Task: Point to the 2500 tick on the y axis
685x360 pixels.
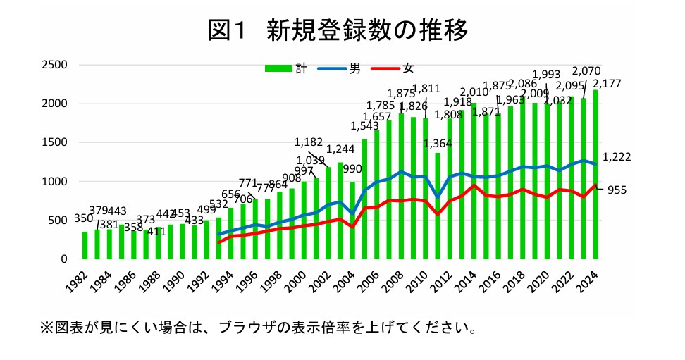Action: pyautogui.click(x=54, y=65)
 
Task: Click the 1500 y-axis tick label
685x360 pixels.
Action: pyautogui.click(x=54, y=143)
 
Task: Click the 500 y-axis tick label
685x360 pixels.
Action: pyautogui.click(x=56, y=221)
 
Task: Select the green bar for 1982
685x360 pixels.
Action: pyautogui.click(x=85, y=245)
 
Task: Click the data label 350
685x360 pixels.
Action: pyautogui.click(x=84, y=218)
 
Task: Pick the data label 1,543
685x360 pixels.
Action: pyautogui.click(x=364, y=127)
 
